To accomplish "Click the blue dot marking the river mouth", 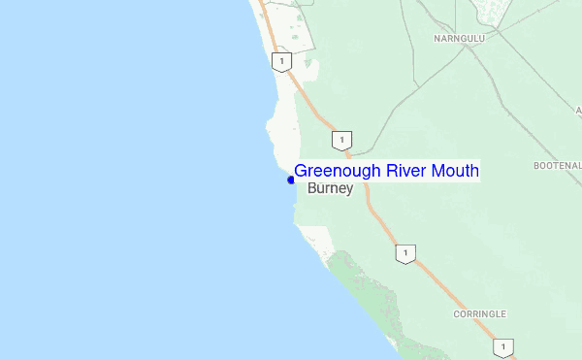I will point(291,180).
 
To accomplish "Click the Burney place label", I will point(330,189).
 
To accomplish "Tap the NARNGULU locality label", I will point(458,40).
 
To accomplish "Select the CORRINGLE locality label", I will point(479,314).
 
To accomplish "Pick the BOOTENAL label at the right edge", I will point(557,166).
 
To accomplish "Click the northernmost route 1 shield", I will point(280,61).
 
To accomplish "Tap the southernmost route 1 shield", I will point(502,347).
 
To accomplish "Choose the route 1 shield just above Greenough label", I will point(340,141).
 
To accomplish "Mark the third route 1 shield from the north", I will point(405,254).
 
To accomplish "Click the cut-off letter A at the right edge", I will point(578,111).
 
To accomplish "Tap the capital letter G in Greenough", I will point(302,172).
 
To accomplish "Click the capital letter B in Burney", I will point(312,189).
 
